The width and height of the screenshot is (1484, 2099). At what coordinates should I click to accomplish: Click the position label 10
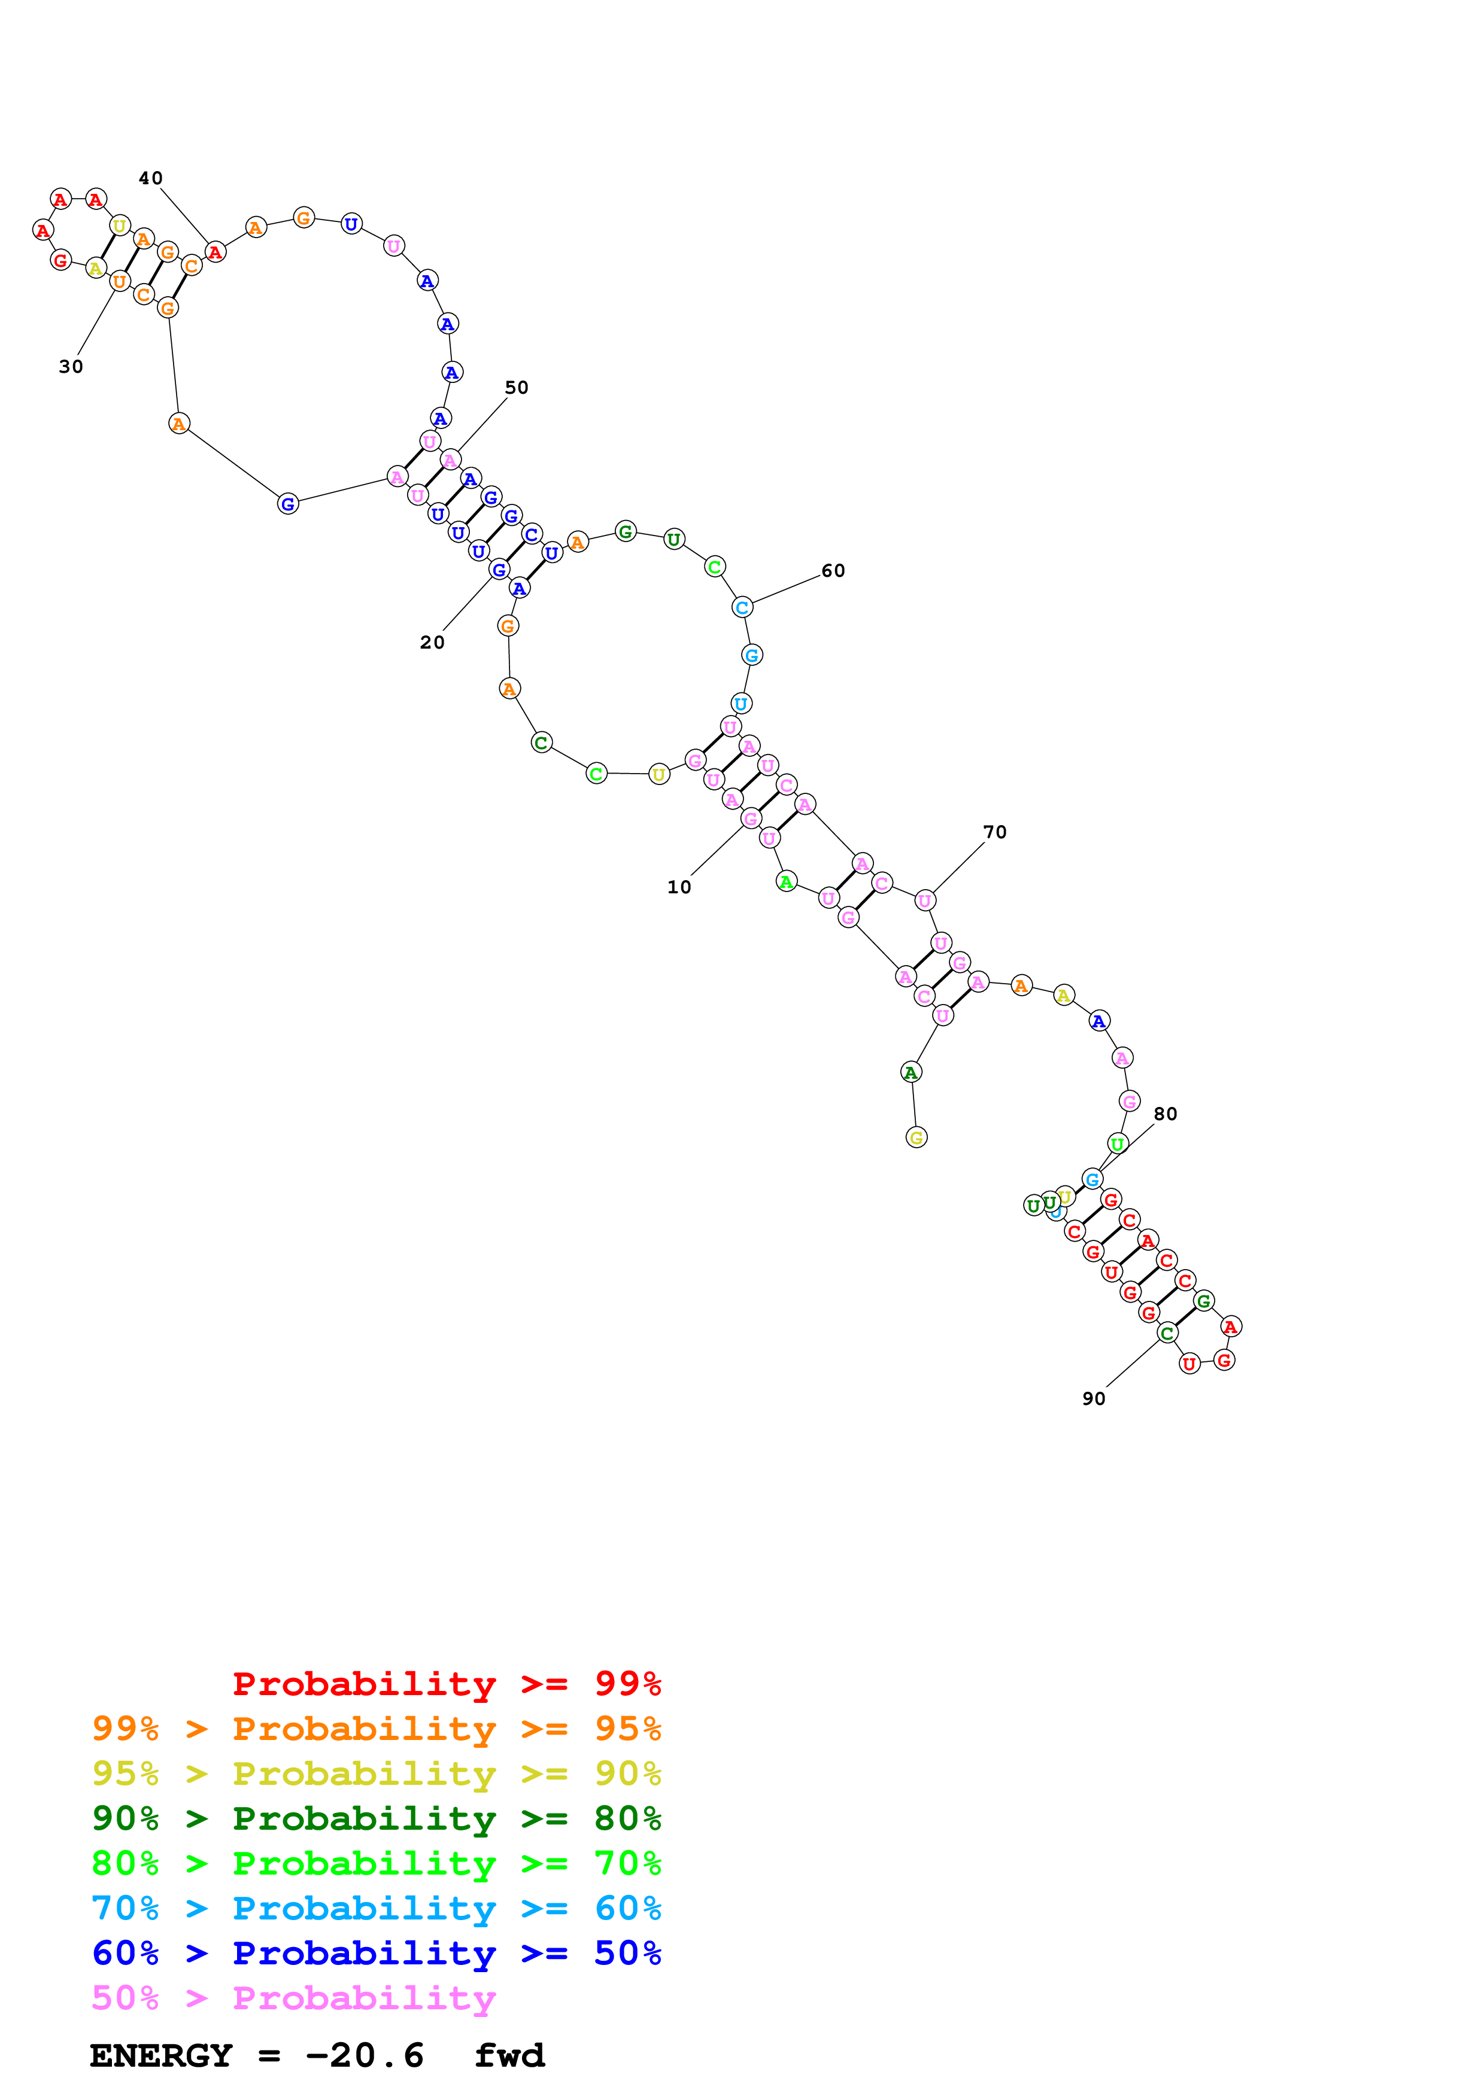[x=678, y=887]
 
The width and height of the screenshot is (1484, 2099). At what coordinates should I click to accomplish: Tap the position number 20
[x=432, y=643]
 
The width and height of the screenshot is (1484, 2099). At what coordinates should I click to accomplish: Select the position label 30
[x=71, y=367]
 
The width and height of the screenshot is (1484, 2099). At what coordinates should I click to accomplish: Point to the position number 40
[x=150, y=178]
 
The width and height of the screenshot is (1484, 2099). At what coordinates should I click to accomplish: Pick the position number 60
[x=832, y=570]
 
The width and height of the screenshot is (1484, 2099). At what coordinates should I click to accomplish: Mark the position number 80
[x=1165, y=1114]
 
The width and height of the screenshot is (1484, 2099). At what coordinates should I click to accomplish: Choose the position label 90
[x=1094, y=1399]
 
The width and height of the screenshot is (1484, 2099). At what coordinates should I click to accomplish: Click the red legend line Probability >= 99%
[x=446, y=1684]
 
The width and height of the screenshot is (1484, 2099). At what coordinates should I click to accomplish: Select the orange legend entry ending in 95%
[x=376, y=1729]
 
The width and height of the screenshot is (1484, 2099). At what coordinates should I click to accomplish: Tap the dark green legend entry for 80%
[x=376, y=1818]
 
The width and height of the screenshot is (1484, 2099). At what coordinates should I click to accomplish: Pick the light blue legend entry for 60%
[x=376, y=1908]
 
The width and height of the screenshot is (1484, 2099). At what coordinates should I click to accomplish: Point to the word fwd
[x=509, y=2056]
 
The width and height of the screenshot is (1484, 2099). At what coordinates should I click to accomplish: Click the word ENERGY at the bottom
[x=161, y=2056]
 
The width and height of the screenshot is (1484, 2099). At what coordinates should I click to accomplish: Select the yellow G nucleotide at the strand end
[x=915, y=1137]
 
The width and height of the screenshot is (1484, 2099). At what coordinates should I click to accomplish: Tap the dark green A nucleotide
[x=910, y=1072]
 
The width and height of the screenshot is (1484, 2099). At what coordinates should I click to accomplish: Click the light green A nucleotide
[x=785, y=881]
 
